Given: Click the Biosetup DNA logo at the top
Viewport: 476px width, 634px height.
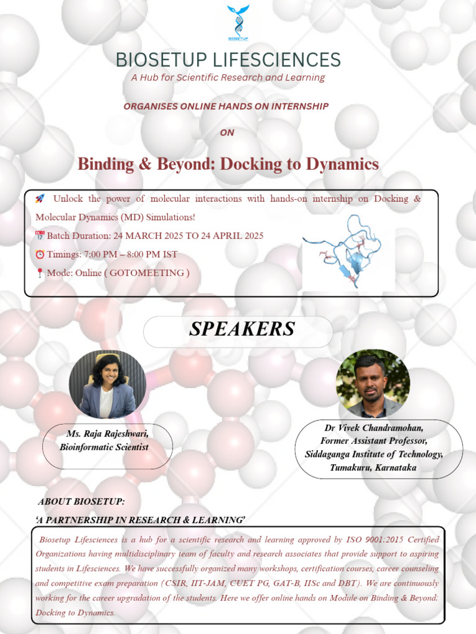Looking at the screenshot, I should (x=238, y=24).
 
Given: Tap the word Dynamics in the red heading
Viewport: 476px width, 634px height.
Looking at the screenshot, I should (x=345, y=164).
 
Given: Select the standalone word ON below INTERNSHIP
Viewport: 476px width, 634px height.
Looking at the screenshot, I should (x=227, y=132).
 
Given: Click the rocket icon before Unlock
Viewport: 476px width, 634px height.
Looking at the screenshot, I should (x=40, y=199).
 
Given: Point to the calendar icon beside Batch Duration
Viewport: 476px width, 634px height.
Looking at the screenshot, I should (x=40, y=236).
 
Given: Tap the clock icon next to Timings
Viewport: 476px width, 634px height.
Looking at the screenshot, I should (x=40, y=254).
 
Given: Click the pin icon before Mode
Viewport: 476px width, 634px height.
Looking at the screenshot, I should (x=40, y=273).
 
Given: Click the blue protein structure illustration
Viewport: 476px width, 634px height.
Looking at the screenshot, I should (x=347, y=251).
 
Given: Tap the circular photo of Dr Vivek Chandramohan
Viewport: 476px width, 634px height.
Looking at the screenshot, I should (x=372, y=383).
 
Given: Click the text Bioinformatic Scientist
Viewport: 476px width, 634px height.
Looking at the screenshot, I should (x=104, y=446).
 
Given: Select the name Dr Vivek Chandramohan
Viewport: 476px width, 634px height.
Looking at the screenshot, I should (x=374, y=428).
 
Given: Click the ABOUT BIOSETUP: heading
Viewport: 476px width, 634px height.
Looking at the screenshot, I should (x=81, y=501).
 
